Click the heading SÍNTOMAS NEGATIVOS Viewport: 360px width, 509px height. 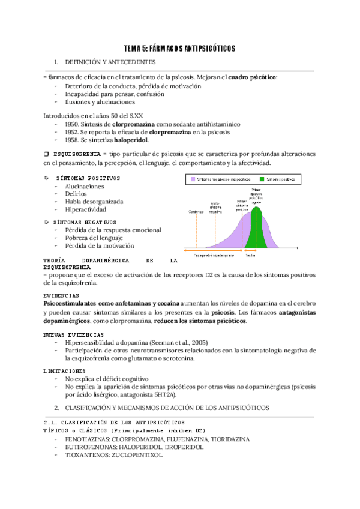click(x=89, y=222)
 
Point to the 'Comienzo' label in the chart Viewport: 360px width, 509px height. click(x=197, y=211)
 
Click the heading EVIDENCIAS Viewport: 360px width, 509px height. click(x=62, y=296)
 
